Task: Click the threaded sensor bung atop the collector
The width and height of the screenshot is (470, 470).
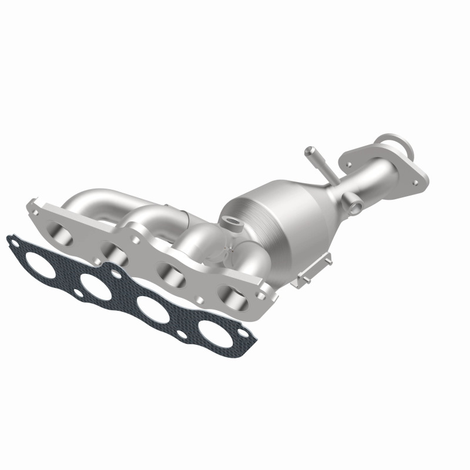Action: click(x=230, y=222)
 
